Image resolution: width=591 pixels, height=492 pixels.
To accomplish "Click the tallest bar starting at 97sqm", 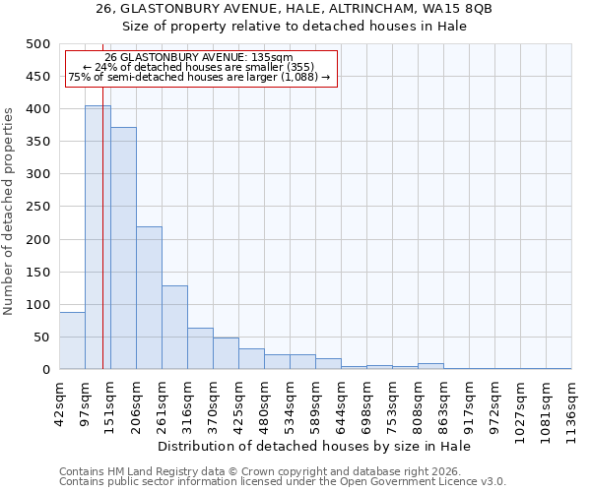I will [98, 237].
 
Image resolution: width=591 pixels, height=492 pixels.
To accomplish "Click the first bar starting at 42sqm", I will [72, 340].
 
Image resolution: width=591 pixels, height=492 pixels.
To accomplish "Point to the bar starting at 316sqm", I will [200, 348].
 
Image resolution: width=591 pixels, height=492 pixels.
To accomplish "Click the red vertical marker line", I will [102, 246].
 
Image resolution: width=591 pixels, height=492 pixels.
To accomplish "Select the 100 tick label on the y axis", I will [37, 305].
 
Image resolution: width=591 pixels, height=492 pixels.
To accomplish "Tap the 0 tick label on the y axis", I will [45, 370].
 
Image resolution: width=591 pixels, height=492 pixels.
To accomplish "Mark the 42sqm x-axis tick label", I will [60, 402].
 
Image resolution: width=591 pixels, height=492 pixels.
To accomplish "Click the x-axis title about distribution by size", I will [314, 446].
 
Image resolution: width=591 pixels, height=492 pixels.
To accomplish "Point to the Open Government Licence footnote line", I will [282, 481].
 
